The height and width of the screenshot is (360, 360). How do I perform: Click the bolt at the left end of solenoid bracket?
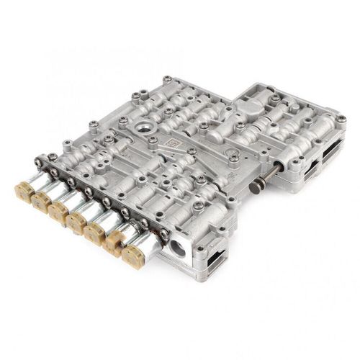pos(53,155)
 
